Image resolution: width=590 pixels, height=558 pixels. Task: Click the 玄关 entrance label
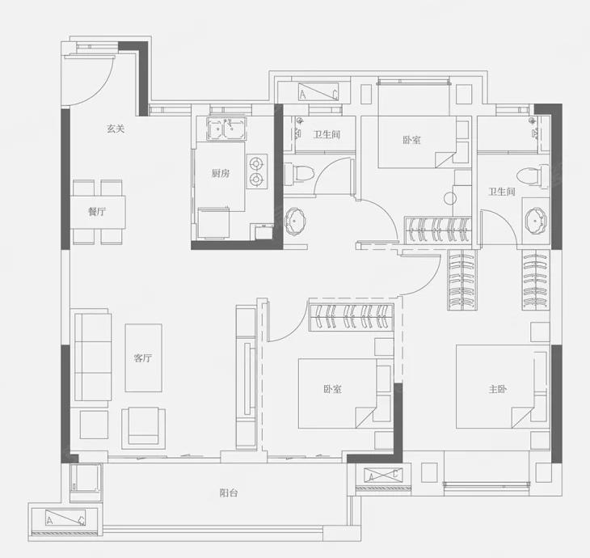point(116,129)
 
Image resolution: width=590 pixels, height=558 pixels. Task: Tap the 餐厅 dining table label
point(97,212)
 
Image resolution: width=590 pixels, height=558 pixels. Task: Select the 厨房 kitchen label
point(220,174)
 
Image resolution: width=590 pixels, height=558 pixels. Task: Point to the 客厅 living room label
point(143,357)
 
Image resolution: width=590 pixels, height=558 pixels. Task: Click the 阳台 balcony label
point(229,492)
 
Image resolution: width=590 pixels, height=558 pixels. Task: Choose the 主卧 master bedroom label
point(497,389)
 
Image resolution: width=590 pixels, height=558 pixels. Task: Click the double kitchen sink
point(226,129)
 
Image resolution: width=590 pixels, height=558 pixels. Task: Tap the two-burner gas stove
point(257,171)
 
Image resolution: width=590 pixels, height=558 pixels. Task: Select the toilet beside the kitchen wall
point(299,174)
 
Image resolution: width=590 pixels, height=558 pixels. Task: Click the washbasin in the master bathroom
point(536,220)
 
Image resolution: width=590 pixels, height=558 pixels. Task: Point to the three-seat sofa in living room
point(93,357)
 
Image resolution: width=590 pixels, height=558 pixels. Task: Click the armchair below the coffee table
point(143,426)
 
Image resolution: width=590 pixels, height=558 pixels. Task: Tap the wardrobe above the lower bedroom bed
point(352,317)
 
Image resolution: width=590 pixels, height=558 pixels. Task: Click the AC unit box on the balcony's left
point(65,518)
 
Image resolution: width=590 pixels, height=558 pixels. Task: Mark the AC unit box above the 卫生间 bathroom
point(318,92)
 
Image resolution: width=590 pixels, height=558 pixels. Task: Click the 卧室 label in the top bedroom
point(412,141)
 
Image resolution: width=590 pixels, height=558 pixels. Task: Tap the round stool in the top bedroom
point(450,198)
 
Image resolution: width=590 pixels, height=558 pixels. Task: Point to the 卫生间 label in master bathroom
point(502,192)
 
